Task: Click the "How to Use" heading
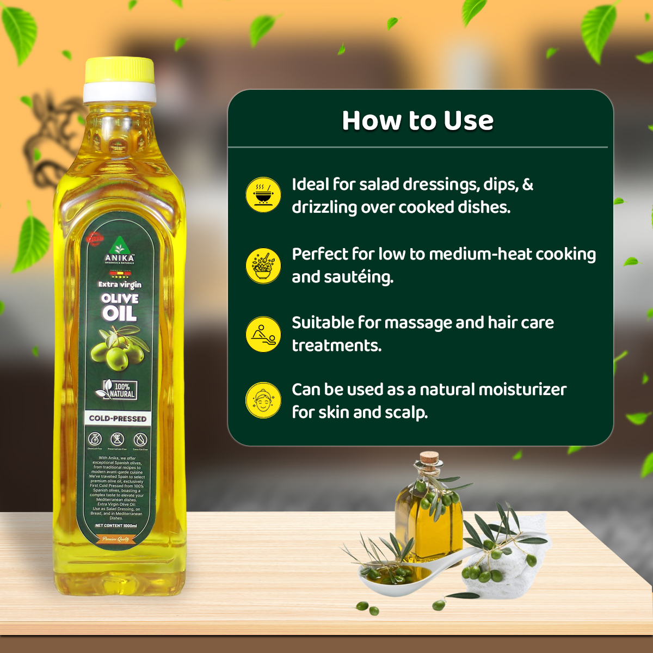[x=417, y=121]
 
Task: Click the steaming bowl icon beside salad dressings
[x=263, y=194]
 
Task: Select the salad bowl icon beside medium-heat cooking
[x=263, y=266]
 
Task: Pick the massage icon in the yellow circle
[x=263, y=334]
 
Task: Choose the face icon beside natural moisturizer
[x=263, y=400]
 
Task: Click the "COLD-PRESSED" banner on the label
[x=118, y=418]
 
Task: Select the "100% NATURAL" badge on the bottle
[x=116, y=390]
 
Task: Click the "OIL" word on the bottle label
[x=119, y=313]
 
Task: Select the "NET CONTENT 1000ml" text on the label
[x=116, y=526]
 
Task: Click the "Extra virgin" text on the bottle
[x=120, y=284]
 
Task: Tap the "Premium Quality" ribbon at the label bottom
[x=115, y=539]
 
